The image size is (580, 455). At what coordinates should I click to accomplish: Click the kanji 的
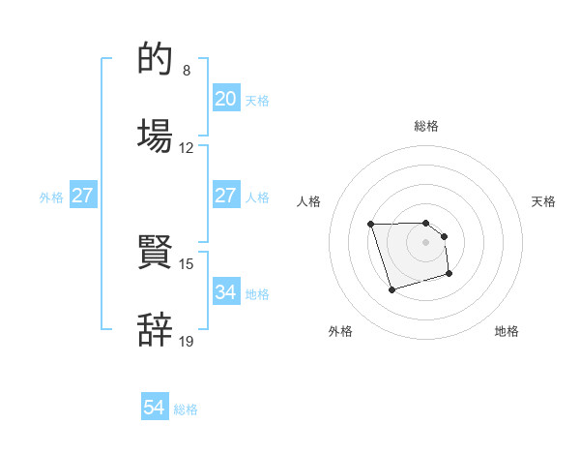coord(156,60)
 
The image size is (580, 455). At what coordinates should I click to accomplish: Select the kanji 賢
coord(156,253)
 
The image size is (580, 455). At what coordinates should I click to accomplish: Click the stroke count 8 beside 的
coord(187,71)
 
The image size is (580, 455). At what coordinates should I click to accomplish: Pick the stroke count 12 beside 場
coord(187,148)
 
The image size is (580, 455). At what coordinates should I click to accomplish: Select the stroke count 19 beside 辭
coord(187,340)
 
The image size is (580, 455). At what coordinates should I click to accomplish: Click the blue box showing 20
coord(226,99)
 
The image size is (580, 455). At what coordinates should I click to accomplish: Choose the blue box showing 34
coord(226,291)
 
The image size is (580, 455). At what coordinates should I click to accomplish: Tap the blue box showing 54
coord(155,409)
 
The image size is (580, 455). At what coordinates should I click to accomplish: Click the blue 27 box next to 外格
coord(83,196)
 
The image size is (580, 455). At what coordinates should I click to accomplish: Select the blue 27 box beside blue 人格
coord(226,196)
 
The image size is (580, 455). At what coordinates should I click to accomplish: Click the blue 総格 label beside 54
coord(186,409)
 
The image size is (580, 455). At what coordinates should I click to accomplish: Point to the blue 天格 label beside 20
coord(257,100)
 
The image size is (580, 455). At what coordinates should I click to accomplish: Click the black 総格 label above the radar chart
coord(426,126)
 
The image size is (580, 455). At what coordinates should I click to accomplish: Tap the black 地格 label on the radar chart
coord(507,331)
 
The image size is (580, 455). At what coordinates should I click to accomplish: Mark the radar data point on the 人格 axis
coord(371,225)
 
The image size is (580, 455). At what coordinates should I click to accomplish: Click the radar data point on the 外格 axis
coord(391,289)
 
